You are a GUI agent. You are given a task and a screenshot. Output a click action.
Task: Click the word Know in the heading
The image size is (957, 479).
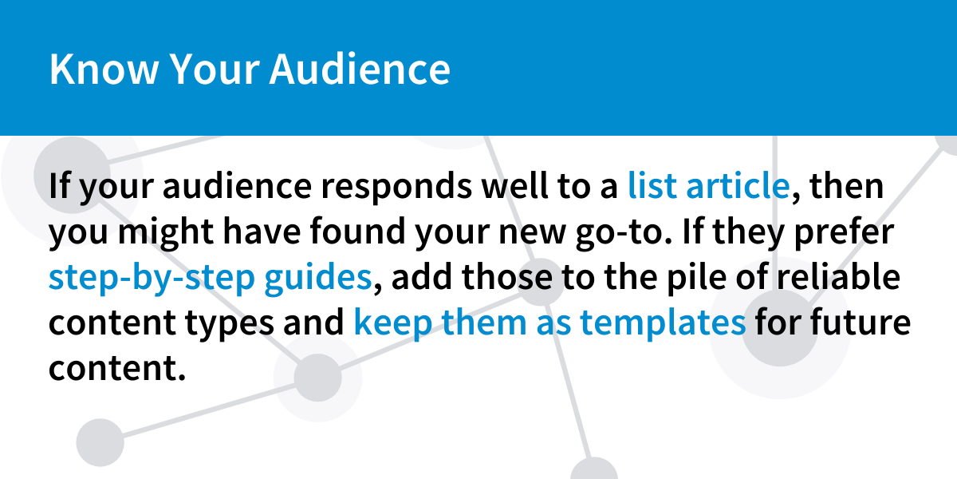point(104,69)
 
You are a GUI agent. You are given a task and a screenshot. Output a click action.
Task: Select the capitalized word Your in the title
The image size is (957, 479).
point(215,69)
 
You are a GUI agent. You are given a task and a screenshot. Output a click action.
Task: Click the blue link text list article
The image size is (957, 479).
point(708,185)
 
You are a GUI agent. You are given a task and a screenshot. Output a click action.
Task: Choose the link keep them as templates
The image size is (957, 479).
point(549,323)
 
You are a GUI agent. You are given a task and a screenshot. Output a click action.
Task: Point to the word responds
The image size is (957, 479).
point(396,188)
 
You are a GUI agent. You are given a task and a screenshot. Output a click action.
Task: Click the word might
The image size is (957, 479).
point(166,232)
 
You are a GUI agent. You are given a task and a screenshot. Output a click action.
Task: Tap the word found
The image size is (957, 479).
point(357,231)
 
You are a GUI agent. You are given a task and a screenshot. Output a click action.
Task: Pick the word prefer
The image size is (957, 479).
point(844,232)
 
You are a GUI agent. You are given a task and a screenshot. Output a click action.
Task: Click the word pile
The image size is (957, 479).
point(696,278)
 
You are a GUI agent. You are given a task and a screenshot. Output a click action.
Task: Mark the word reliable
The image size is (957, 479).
point(838,276)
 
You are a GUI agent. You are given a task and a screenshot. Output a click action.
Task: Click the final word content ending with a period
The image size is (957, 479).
point(117,368)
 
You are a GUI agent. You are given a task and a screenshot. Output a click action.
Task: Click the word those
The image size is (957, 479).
point(506,276)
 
